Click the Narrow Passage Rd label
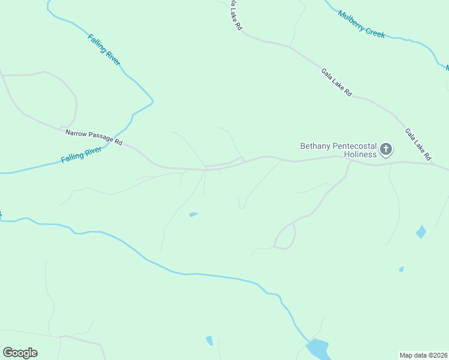(94, 137)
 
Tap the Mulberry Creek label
(361, 24)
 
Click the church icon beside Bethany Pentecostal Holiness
(386, 149)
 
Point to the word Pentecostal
(354, 146)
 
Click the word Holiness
(361, 154)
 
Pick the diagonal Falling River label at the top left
(104, 49)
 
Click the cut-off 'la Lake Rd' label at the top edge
(235, 16)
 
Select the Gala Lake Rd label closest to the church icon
(418, 145)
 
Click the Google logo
(20, 353)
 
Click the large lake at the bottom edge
(317, 349)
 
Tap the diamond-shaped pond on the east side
(421, 232)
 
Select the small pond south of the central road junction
(193, 214)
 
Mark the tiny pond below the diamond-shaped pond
(401, 269)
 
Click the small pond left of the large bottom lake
(209, 341)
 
